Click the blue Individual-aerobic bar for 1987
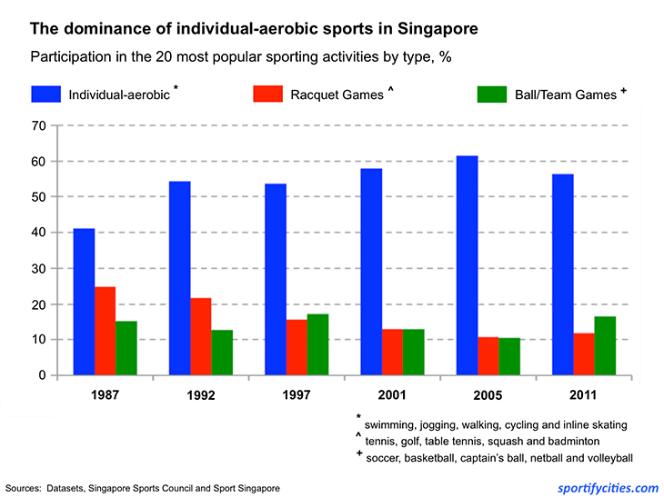click(x=84, y=302)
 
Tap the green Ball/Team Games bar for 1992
click(x=222, y=353)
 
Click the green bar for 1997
click(x=317, y=344)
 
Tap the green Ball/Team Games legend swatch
click(x=492, y=94)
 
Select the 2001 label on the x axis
click(x=393, y=396)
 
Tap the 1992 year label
click(x=201, y=396)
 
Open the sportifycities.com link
click(x=607, y=487)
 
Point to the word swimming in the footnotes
click(x=392, y=424)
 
